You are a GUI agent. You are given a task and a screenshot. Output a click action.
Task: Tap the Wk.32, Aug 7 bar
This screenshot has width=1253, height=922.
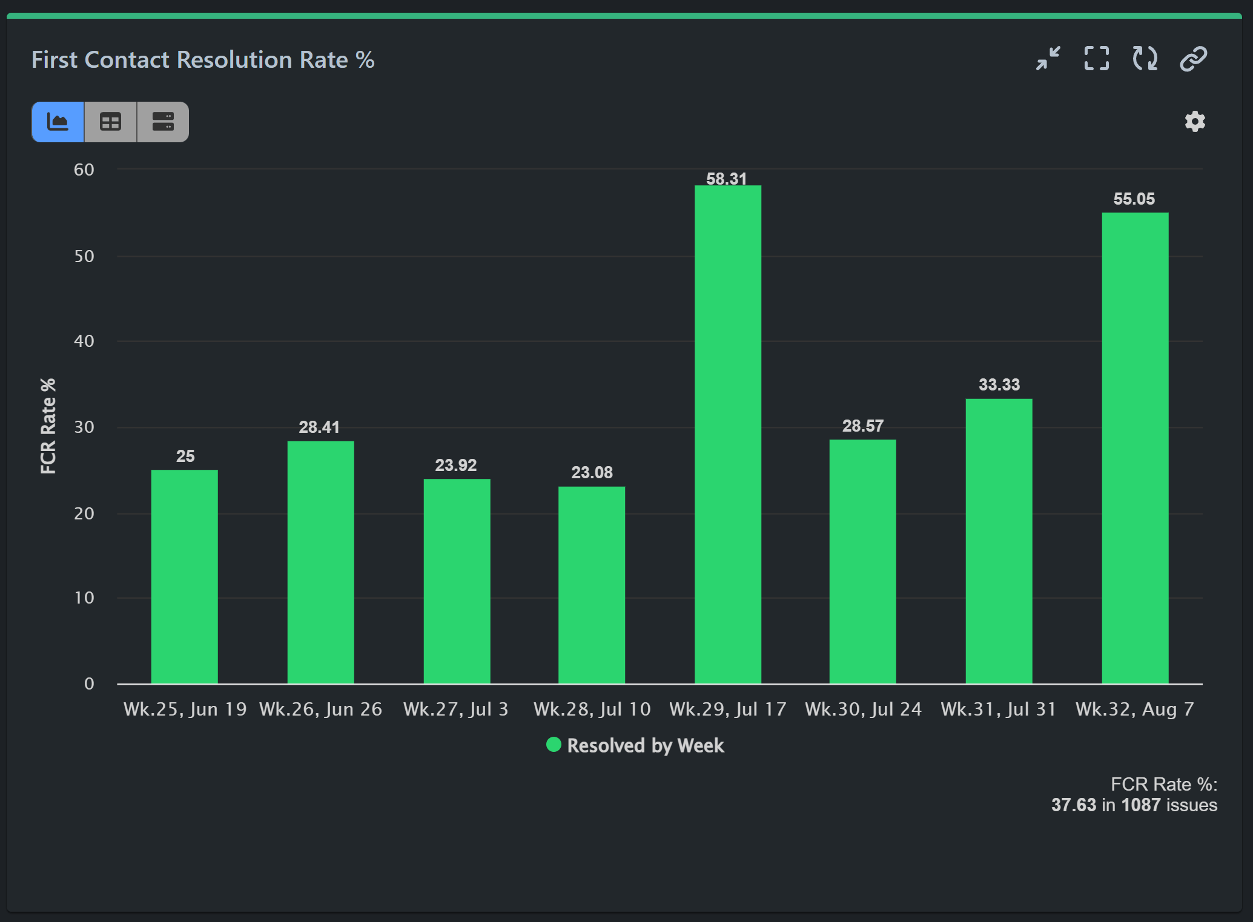(x=1134, y=448)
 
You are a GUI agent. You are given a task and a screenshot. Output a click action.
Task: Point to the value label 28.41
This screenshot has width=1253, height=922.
(x=319, y=427)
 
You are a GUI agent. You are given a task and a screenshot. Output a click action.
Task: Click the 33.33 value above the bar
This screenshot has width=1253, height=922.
(x=999, y=385)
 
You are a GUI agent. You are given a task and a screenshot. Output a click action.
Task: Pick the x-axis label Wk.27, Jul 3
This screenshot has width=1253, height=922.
(x=455, y=709)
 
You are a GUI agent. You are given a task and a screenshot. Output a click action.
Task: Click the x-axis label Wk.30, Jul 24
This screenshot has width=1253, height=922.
(x=862, y=709)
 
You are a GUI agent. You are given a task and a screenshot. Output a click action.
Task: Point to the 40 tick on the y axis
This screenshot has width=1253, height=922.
(x=84, y=341)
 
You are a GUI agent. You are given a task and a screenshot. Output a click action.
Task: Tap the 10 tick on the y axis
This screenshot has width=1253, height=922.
(x=84, y=598)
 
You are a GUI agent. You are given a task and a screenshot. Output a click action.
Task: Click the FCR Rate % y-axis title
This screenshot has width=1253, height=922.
(x=48, y=426)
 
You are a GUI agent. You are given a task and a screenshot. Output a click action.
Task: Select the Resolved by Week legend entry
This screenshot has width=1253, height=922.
(x=635, y=745)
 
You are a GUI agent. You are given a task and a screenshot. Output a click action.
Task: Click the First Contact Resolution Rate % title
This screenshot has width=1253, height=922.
(x=203, y=60)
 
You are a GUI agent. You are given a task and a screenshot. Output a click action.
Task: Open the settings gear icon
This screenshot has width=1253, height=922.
(x=1194, y=122)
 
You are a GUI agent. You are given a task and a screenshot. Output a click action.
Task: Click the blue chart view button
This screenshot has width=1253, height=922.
(x=58, y=122)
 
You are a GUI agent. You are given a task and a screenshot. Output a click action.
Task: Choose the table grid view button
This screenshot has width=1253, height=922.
(x=110, y=122)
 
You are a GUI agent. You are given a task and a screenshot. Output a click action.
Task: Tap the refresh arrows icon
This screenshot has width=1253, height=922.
(x=1145, y=59)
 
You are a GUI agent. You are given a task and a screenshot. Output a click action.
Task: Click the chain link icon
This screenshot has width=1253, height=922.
(x=1193, y=59)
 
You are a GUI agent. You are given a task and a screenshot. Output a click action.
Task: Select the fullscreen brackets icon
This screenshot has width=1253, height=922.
(x=1096, y=59)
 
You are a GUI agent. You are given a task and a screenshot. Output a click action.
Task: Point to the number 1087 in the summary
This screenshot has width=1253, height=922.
(x=1140, y=805)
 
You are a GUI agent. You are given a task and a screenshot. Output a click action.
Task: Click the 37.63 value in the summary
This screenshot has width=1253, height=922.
(x=1073, y=805)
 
